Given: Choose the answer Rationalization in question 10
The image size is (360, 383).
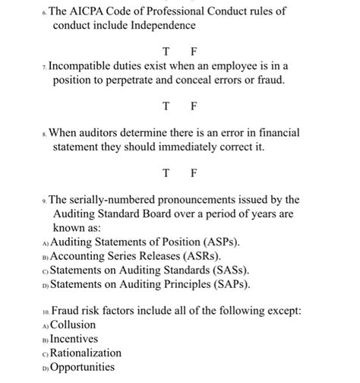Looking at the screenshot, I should tap(86, 353).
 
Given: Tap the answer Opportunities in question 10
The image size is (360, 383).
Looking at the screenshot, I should tap(83, 367).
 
